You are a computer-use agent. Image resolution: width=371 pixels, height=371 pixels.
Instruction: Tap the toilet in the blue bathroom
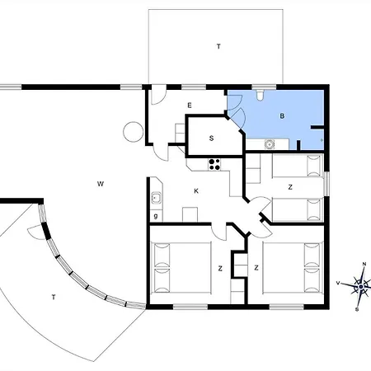261,97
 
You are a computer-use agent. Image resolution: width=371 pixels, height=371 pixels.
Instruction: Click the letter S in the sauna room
212,138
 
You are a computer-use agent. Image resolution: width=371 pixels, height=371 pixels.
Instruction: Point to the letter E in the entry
189,106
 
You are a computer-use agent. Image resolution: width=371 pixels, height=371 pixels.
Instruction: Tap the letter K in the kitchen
195,192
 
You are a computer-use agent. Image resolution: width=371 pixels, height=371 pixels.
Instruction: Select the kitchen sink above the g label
155,199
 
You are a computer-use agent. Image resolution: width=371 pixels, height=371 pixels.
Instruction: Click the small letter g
155,216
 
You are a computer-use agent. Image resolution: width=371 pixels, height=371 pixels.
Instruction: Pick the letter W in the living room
98,182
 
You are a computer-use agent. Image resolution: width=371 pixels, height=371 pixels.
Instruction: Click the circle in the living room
132,130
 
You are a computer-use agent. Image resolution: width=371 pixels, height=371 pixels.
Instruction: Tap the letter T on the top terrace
218,47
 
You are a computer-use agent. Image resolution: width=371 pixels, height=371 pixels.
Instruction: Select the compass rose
360,286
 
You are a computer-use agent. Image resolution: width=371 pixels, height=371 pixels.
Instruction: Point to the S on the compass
357,309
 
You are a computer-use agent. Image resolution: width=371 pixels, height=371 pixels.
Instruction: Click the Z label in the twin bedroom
290,188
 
